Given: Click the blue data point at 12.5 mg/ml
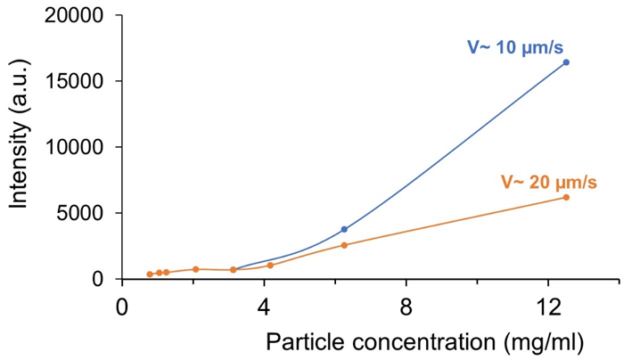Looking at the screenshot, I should click(x=565, y=62).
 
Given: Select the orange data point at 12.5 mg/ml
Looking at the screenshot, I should click(x=565, y=197).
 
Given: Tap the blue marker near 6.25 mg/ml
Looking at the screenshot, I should click(x=344, y=229).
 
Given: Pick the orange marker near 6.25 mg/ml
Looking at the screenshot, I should click(x=344, y=245).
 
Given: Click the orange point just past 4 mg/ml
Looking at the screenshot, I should click(x=270, y=265).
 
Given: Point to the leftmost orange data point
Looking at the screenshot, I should click(x=150, y=274).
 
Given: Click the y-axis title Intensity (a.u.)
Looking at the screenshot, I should click(x=20, y=148).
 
